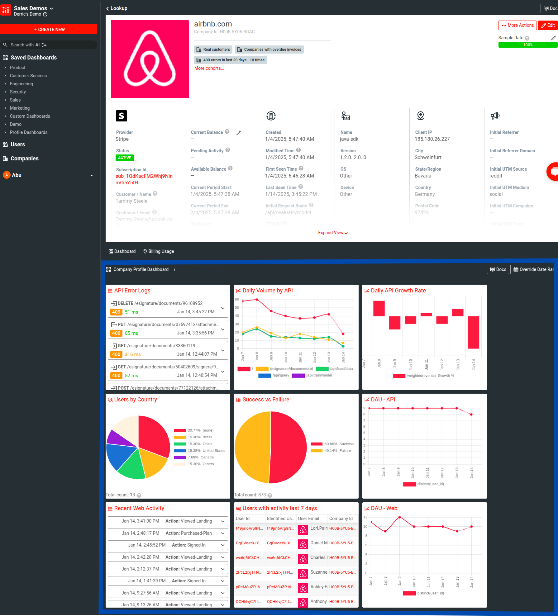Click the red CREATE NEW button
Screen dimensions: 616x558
(x=49, y=29)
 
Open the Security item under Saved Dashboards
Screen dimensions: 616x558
(x=18, y=92)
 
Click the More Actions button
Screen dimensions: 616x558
(x=517, y=25)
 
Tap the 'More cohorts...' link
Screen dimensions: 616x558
(x=209, y=68)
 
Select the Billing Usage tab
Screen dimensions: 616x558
(x=159, y=251)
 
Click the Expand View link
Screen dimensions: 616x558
(x=332, y=233)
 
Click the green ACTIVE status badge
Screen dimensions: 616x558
(x=124, y=158)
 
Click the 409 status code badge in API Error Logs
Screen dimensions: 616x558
(x=116, y=312)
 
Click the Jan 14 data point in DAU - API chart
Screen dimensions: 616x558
(x=471, y=415)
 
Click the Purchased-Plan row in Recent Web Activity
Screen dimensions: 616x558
(x=168, y=533)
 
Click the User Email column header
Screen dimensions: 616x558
(x=308, y=519)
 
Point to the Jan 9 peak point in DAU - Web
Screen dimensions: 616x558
(x=399, y=517)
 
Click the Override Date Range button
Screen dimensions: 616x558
(x=533, y=269)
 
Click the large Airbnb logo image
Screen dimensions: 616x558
(x=150, y=59)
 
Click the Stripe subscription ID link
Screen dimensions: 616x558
(x=144, y=179)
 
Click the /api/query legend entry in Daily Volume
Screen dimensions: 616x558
(x=274, y=376)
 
